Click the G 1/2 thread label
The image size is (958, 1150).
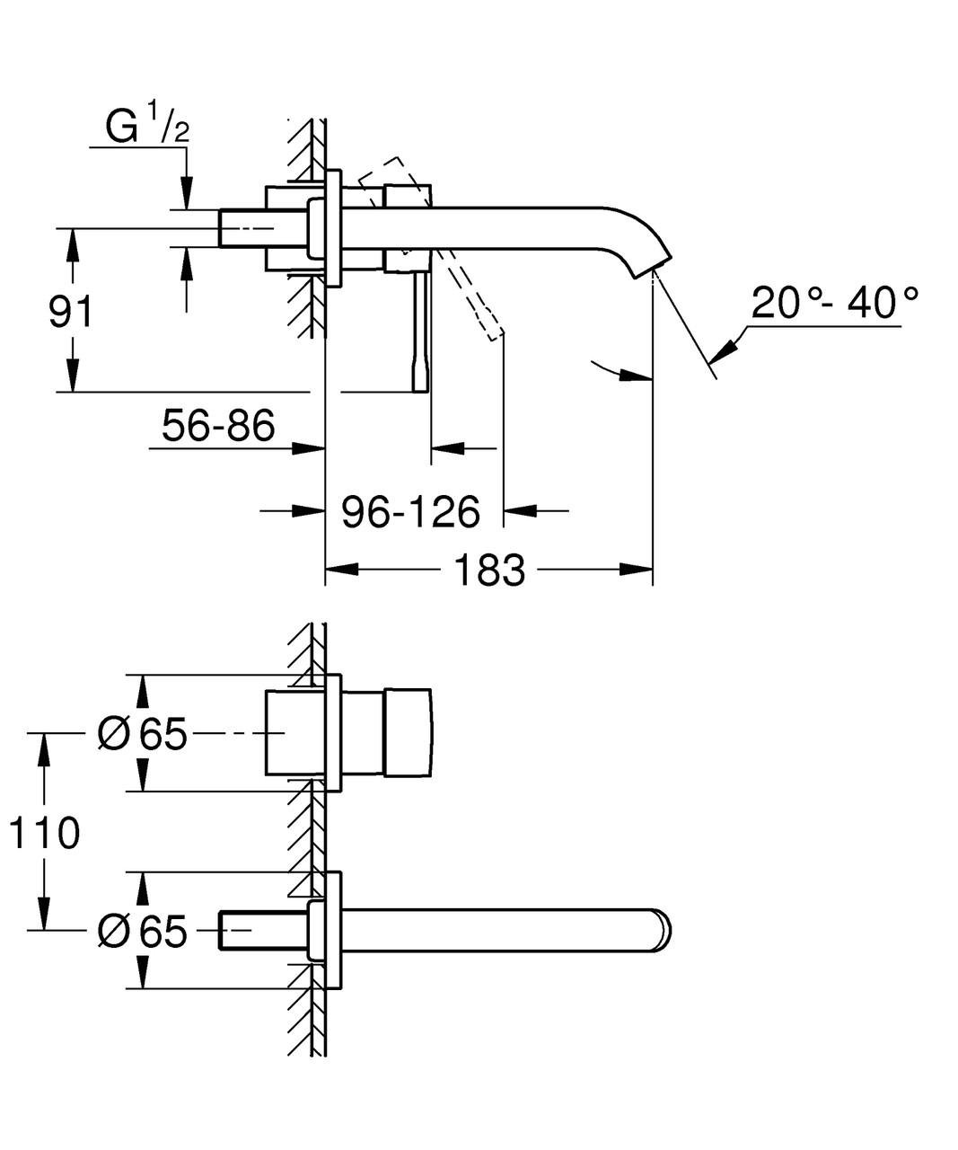click(x=147, y=126)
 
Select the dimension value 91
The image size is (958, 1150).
click(x=71, y=312)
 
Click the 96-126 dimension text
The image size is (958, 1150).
click(x=411, y=511)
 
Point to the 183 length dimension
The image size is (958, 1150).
click(x=488, y=569)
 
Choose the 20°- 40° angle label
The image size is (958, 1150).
click(x=835, y=304)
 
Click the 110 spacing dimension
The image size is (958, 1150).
click(x=44, y=833)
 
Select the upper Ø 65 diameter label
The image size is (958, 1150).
click(x=142, y=734)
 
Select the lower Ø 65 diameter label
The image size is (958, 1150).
click(x=142, y=932)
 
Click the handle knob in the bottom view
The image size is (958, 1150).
click(x=408, y=733)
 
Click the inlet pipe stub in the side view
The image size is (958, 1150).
click(x=242, y=228)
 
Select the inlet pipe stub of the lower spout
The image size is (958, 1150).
click(x=242, y=931)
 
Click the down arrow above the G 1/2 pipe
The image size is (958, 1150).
click(x=187, y=194)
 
